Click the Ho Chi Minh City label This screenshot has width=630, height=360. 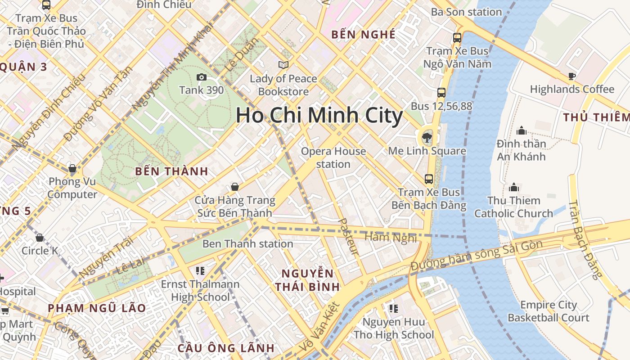[319, 116]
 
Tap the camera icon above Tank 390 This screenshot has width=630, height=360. [202, 77]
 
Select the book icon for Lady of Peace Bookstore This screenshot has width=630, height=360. [283, 65]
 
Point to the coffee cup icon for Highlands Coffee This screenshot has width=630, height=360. [572, 76]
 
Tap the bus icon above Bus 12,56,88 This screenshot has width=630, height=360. [441, 93]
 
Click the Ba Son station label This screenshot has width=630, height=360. [466, 12]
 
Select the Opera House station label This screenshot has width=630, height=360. [333, 157]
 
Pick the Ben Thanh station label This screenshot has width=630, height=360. [248, 244]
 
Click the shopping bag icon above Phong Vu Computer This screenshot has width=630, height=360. [72, 169]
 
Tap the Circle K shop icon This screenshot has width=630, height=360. [40, 238]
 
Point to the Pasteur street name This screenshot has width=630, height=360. [348, 237]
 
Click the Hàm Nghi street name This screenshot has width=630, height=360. [390, 237]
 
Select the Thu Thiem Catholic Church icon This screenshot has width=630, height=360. [513, 187]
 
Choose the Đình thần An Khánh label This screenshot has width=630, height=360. [521, 150]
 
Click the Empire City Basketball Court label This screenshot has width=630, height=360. [548, 311]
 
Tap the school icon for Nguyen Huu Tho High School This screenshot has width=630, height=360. [394, 309]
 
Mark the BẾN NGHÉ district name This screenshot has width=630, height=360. [363, 35]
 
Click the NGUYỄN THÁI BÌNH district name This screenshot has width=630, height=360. [307, 280]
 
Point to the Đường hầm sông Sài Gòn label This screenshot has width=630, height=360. [477, 256]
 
